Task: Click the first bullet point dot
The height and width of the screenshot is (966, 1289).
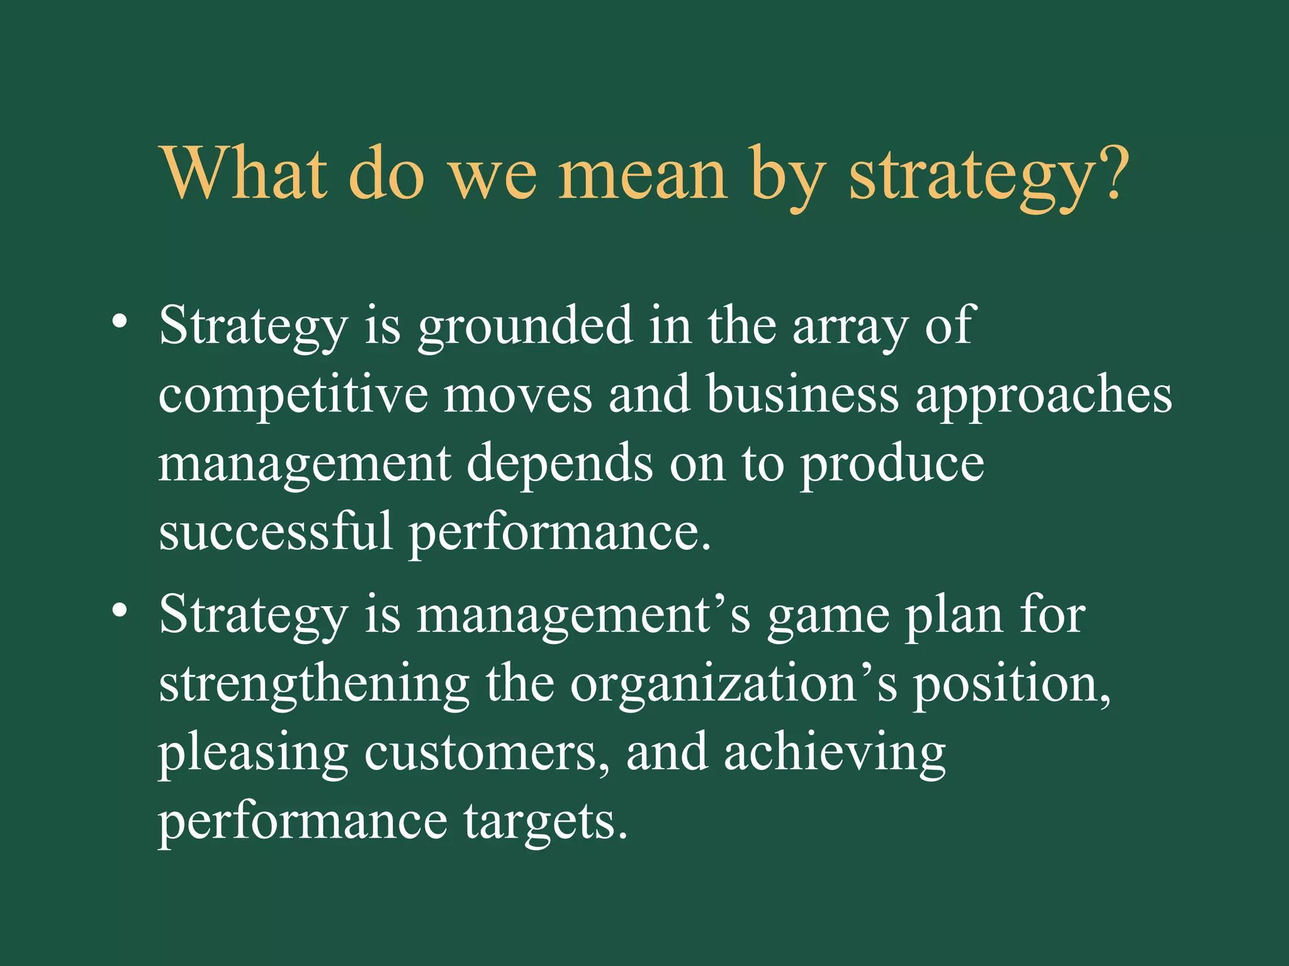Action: [x=120, y=323]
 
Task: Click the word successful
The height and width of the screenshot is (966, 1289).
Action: [x=276, y=531]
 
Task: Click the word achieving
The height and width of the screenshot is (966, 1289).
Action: [x=834, y=753]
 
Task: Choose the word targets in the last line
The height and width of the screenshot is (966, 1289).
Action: [x=545, y=823]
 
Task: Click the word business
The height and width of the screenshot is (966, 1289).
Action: [x=802, y=395]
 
